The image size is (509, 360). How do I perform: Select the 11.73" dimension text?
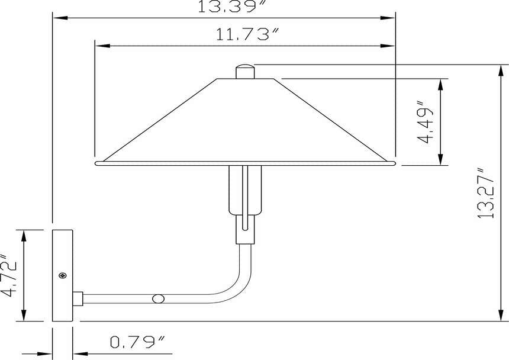(x=247, y=34)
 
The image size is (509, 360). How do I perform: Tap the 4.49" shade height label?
(x=425, y=122)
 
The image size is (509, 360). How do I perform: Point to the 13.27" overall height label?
(x=486, y=193)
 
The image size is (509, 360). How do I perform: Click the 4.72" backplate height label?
(x=9, y=275)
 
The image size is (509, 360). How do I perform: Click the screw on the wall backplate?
(x=63, y=276)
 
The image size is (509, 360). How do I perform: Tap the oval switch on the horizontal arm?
(x=159, y=298)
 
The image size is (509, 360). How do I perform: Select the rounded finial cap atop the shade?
(x=245, y=72)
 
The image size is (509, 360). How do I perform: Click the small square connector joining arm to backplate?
(x=78, y=298)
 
